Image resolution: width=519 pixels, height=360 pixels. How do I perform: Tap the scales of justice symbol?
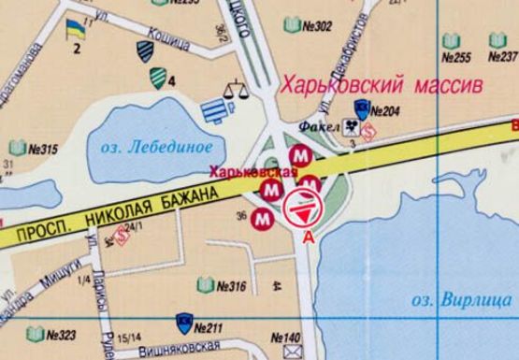click(234, 93)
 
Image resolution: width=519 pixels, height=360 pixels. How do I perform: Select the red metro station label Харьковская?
click(252, 171)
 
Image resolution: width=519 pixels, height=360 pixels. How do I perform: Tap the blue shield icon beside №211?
click(182, 325)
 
